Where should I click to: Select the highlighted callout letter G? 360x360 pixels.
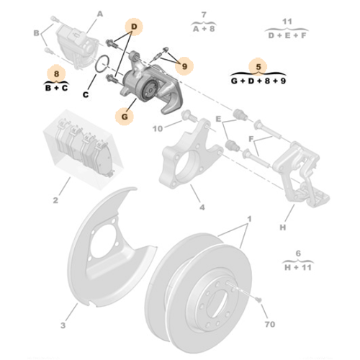pos(125,115)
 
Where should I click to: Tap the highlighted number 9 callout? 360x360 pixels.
pos(184,66)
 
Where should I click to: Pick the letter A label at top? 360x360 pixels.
pos(99,13)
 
